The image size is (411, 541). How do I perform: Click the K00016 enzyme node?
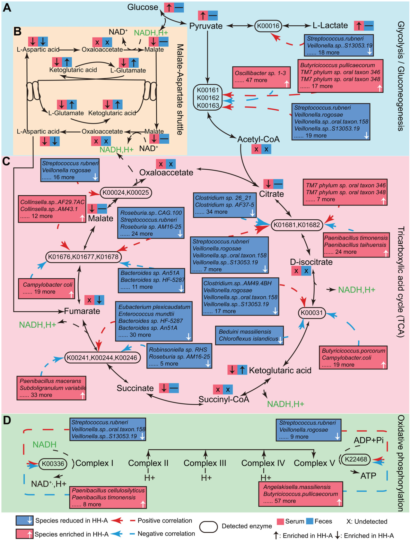click(x=268, y=26)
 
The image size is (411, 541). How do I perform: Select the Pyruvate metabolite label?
click(x=206, y=26)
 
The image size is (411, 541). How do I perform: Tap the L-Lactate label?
click(x=330, y=25)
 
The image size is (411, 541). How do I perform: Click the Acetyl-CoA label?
click(x=258, y=139)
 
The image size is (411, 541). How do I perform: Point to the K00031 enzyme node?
click(x=312, y=313)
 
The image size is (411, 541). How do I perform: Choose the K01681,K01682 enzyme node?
click(x=297, y=225)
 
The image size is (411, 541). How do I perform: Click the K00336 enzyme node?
click(x=53, y=463)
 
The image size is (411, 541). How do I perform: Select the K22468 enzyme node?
click(x=356, y=459)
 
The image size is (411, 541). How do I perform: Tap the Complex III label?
click(x=205, y=463)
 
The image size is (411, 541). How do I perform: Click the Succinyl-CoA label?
click(x=224, y=399)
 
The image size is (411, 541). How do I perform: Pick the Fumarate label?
click(x=82, y=311)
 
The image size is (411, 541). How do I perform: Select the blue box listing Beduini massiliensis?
click(x=249, y=335)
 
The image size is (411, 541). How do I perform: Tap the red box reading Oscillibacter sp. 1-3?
click(x=262, y=77)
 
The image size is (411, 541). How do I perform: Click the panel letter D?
click(x=7, y=420)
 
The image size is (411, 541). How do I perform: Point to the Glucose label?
click(x=143, y=7)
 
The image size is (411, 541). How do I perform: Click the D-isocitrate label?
click(x=311, y=262)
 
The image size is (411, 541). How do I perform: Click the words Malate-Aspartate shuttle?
click(x=180, y=89)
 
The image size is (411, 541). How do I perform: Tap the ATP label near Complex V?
click(x=368, y=476)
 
